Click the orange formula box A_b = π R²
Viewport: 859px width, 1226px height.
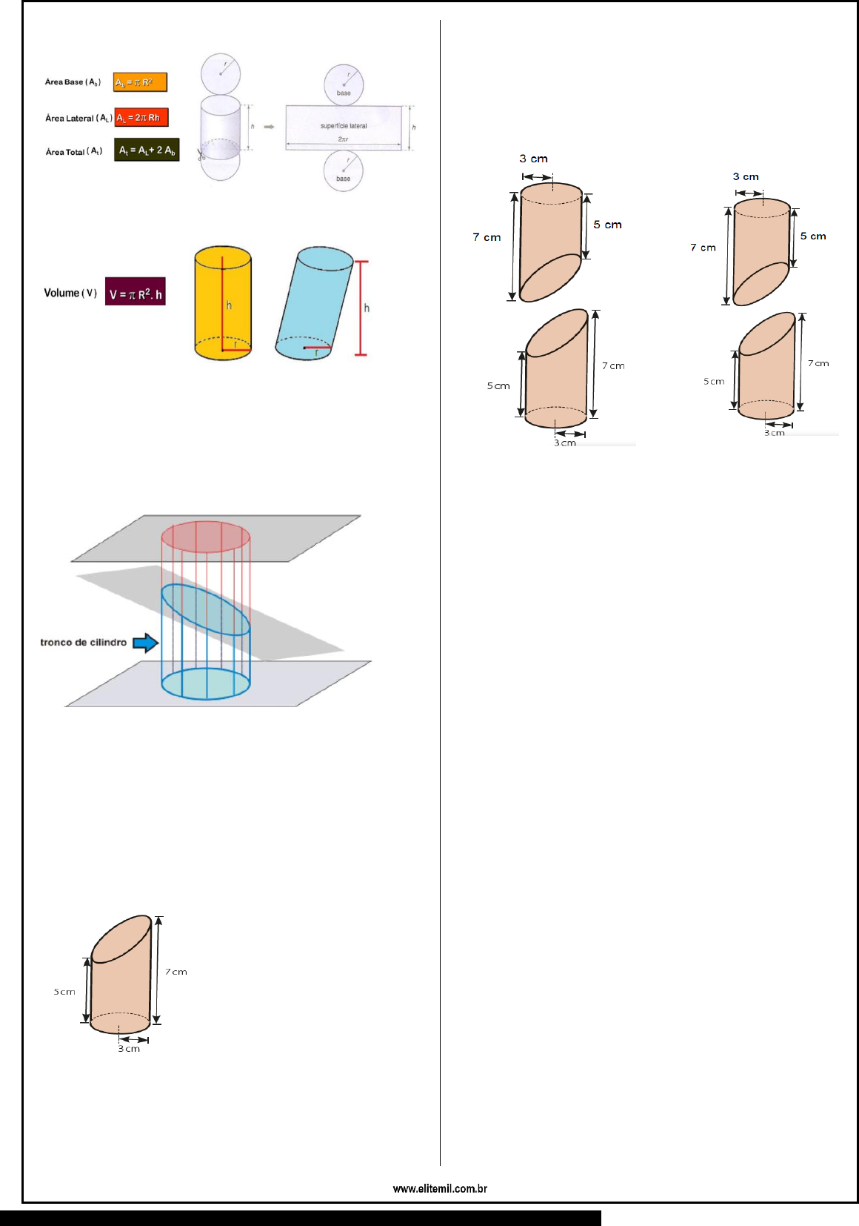tap(140, 82)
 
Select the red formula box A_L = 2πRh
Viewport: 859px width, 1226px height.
tap(141, 118)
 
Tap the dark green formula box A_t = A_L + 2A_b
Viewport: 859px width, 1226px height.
tap(147, 150)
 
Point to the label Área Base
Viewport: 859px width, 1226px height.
tap(73, 82)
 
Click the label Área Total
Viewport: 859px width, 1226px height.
tap(74, 152)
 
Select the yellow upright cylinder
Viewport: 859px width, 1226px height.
tap(223, 303)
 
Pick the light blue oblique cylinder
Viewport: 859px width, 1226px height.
tap(314, 303)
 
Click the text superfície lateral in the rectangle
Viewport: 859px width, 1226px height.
tap(344, 126)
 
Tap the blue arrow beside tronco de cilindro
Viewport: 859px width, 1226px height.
tap(146, 643)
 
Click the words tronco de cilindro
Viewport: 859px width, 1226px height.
tap(83, 643)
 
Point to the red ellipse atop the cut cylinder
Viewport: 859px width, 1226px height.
tap(206, 537)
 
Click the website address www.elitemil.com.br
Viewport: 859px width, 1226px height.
tap(440, 1189)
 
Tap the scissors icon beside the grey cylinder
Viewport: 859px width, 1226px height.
tap(201, 156)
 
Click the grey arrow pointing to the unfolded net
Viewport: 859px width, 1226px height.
tap(270, 127)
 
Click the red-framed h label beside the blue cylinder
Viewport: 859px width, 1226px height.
tap(367, 308)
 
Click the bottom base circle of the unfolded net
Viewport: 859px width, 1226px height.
tap(343, 170)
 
